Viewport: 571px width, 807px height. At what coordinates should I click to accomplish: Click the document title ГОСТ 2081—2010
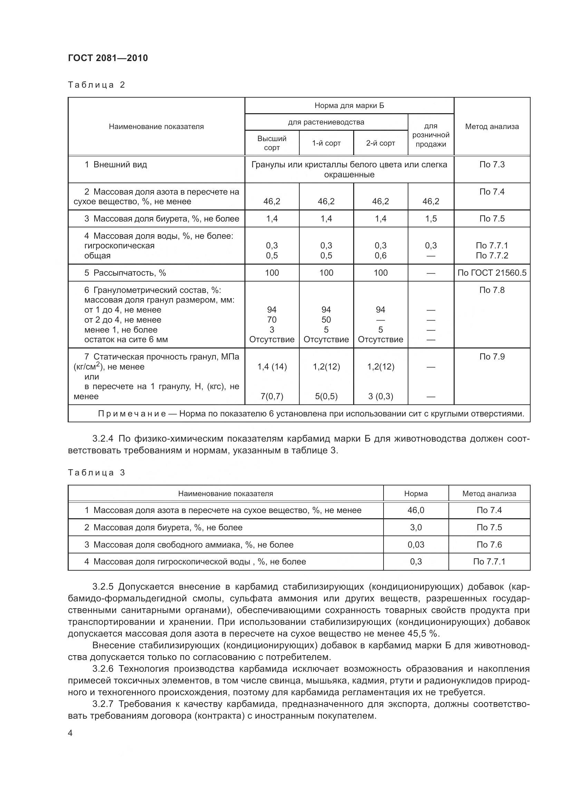[108, 58]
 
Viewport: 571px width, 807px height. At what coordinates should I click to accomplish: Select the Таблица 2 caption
[96, 85]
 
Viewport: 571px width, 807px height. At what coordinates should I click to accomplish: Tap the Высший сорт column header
[272, 143]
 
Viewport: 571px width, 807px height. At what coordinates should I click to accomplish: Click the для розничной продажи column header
[431, 135]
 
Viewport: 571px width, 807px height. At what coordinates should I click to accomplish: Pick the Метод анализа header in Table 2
[492, 127]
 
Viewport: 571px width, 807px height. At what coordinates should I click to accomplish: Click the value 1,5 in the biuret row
[431, 219]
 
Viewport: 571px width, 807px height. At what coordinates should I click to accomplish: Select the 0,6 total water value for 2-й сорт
[380, 256]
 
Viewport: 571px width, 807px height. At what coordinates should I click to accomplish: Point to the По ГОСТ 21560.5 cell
[492, 273]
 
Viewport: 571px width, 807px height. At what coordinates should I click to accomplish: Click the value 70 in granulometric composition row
[272, 319]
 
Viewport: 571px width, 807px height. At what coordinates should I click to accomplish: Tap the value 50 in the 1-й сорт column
[326, 319]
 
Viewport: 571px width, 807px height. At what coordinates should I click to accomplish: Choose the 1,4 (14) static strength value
[272, 367]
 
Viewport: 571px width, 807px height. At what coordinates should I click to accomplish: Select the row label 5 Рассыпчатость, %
[125, 273]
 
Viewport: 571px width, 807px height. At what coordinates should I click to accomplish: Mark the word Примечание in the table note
[132, 414]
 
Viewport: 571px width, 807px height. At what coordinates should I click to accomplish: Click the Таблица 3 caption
[96, 472]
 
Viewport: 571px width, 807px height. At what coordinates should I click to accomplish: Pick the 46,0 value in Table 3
[416, 510]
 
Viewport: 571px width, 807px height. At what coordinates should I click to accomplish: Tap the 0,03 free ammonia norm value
[416, 544]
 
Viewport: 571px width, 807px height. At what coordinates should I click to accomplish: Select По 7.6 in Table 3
[489, 544]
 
